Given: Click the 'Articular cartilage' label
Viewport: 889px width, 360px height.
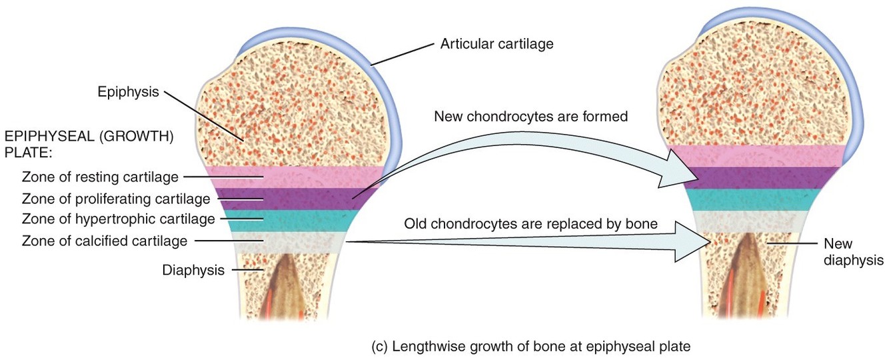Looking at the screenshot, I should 496,45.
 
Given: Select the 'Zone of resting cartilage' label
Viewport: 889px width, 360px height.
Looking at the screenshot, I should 100,177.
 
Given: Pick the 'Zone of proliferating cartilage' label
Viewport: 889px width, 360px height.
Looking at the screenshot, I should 116,198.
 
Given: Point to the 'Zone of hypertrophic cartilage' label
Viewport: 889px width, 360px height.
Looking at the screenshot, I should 118,219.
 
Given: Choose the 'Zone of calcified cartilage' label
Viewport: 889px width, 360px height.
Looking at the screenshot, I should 105,240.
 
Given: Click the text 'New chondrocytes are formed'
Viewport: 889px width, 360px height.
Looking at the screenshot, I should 530,117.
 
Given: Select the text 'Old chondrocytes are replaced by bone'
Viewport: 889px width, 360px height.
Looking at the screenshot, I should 530,224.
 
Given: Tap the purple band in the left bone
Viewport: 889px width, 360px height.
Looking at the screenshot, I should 293,198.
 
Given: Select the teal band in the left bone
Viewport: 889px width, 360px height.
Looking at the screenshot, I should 293,220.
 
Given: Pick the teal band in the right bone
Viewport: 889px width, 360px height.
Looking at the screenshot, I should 760,199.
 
